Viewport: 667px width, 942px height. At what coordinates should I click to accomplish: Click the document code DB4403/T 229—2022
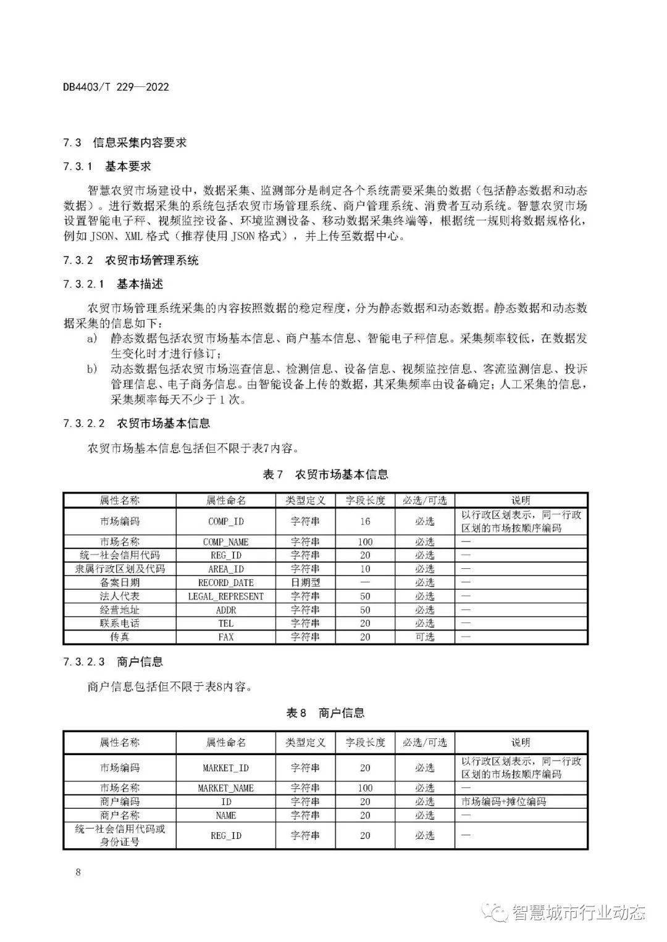115,87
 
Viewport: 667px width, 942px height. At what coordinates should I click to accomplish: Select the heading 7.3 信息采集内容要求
125,143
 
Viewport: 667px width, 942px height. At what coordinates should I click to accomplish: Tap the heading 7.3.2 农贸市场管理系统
130,260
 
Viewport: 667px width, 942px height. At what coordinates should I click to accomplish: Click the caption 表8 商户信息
325,713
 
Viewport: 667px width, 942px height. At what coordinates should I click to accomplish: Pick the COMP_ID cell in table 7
225,521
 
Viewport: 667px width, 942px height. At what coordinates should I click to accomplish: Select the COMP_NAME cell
225,542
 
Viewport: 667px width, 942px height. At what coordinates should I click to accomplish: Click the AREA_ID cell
225,569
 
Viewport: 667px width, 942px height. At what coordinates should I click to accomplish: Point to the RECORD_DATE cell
225,582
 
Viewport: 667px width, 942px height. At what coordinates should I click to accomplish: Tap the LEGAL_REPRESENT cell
225,597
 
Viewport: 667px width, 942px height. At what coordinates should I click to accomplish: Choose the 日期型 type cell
305,582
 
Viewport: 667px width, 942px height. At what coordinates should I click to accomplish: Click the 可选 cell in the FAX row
424,637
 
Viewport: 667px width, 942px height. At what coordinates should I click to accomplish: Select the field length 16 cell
365,521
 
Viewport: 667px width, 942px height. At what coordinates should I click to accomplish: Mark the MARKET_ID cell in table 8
225,768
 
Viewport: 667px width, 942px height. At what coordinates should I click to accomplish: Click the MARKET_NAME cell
225,788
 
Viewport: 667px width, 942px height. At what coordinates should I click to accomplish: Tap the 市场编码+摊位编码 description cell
503,802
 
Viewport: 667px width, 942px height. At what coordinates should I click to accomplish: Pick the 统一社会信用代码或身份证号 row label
120,835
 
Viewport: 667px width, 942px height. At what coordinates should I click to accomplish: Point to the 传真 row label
120,637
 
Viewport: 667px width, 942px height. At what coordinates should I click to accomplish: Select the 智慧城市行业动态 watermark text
577,912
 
